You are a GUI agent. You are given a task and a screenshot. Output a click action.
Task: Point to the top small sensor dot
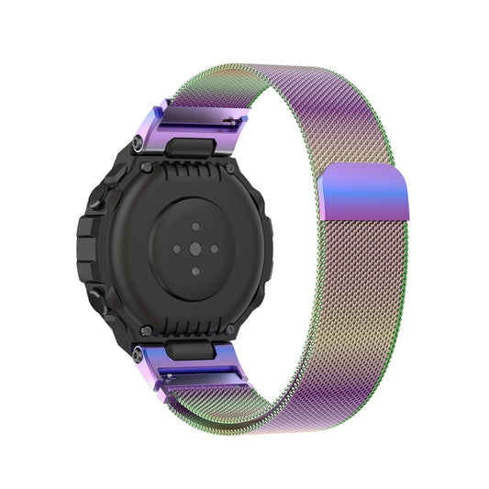click(x=194, y=225)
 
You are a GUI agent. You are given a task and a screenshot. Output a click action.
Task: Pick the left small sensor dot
click(x=172, y=247)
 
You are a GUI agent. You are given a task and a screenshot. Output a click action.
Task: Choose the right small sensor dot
click(x=216, y=247)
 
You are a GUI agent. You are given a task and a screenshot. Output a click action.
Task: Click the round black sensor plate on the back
click(x=194, y=247)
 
